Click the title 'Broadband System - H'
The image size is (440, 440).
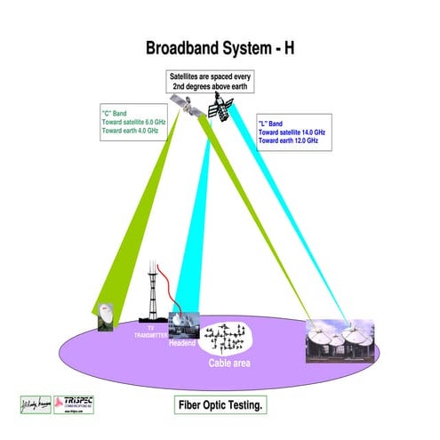point(220,47)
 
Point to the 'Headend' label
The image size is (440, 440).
point(181,342)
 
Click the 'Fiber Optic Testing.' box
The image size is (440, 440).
point(220,404)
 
